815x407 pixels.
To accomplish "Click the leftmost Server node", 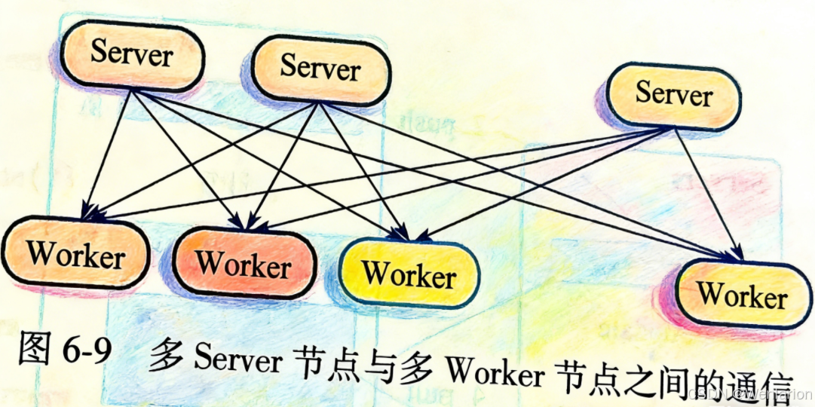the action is click(x=133, y=55).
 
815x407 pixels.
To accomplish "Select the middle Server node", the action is click(x=320, y=69).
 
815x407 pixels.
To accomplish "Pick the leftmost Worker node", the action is click(x=75, y=255).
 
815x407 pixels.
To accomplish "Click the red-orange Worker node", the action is click(x=244, y=265).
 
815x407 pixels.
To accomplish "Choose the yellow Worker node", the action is click(x=409, y=274).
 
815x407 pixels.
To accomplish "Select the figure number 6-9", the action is click(x=87, y=351).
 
